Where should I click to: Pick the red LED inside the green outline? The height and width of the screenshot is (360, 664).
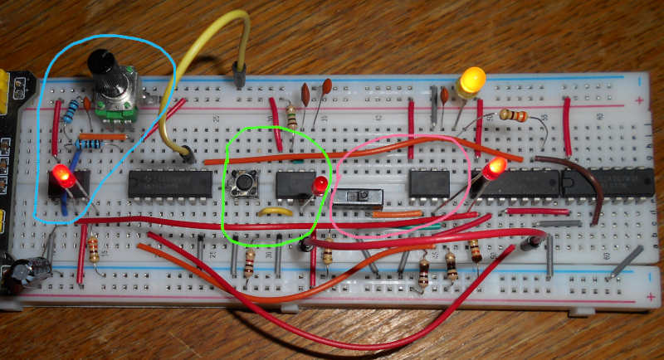[x=319, y=184]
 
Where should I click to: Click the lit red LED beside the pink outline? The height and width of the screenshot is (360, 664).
[x=496, y=170]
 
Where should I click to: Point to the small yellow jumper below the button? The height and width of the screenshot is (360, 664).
[x=275, y=212]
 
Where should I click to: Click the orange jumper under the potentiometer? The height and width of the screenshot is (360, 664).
[x=104, y=136]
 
